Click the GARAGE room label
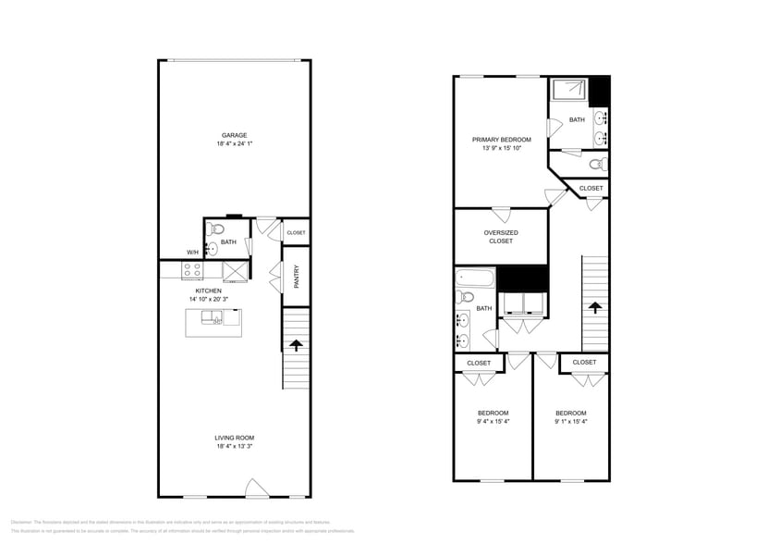[233, 135]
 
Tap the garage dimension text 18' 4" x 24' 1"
[233, 144]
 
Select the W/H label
[192, 253]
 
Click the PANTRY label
[296, 277]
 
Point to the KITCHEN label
[208, 291]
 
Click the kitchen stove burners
[193, 270]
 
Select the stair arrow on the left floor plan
[296, 346]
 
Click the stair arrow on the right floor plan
[594, 307]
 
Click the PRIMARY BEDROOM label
[502, 140]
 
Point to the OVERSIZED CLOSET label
[501, 237]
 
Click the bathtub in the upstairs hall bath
[471, 277]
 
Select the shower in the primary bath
[570, 90]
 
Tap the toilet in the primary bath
[597, 165]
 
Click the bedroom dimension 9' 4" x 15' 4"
[493, 422]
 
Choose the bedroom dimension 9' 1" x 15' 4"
[570, 422]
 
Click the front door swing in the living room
[256, 488]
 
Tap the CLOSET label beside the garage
[296, 233]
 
